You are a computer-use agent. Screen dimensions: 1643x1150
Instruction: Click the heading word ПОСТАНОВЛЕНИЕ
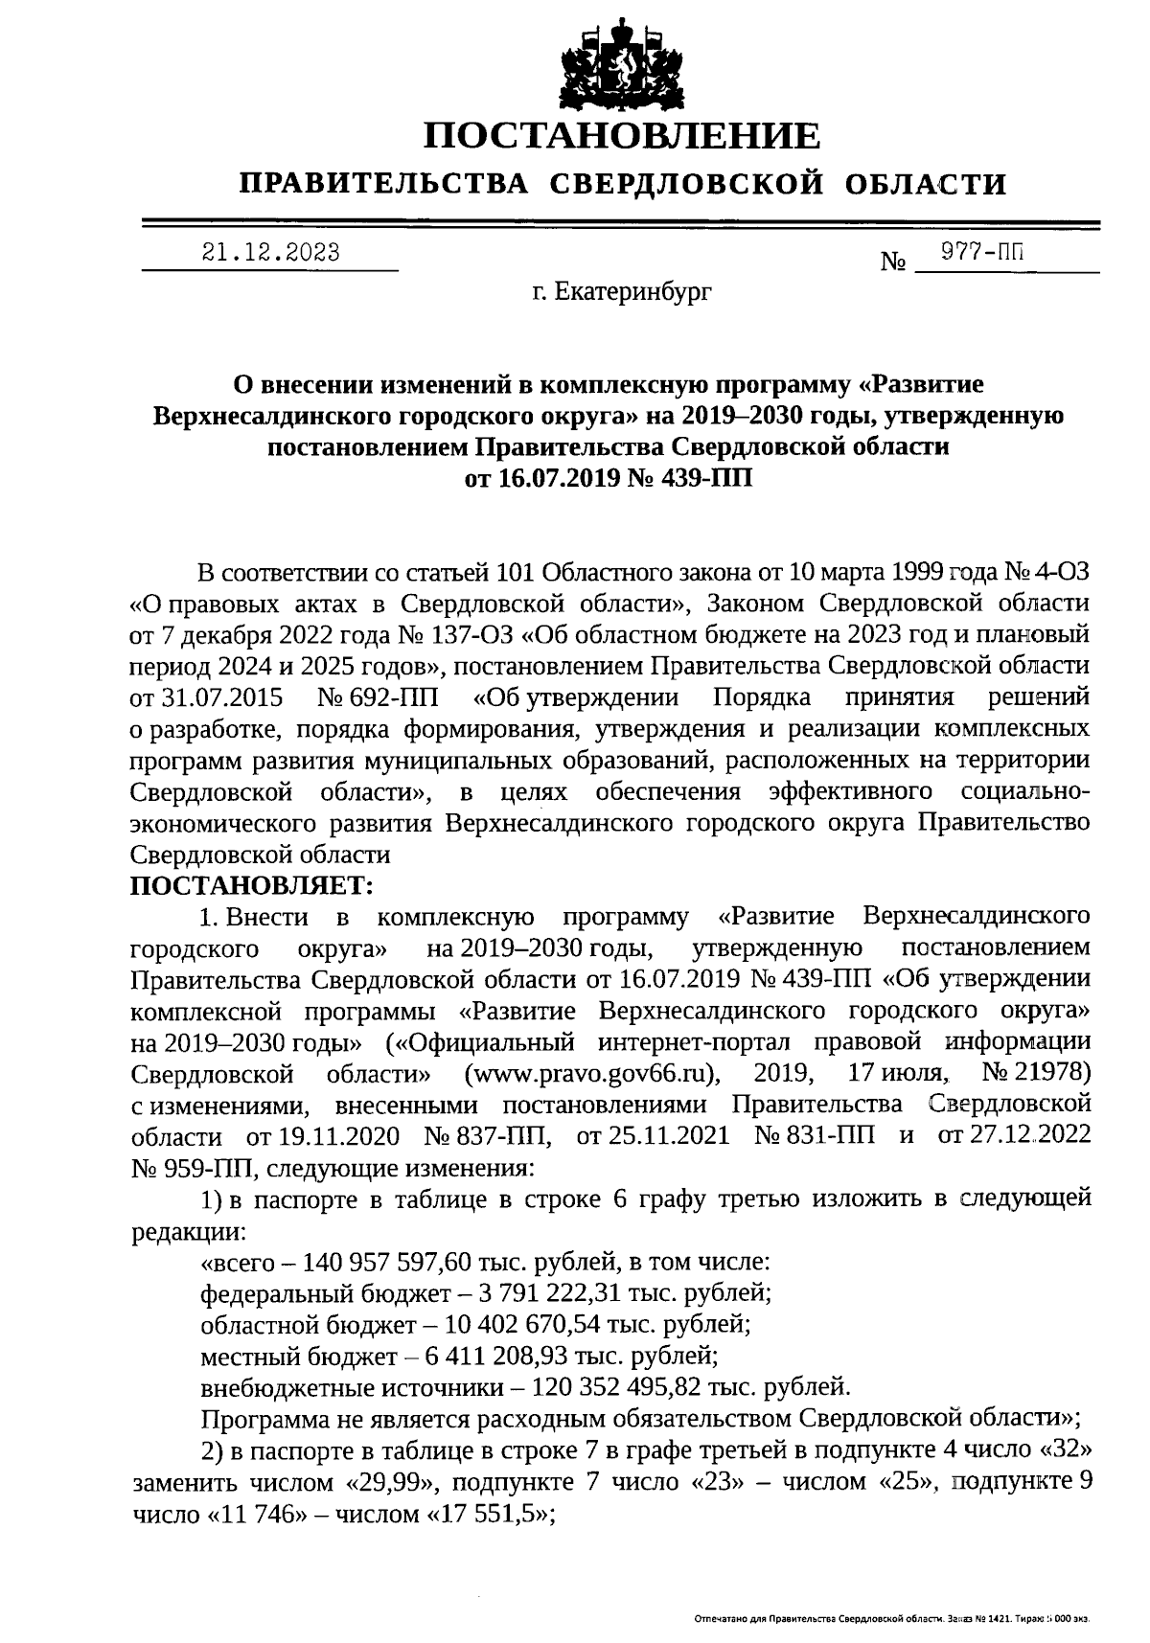(623, 135)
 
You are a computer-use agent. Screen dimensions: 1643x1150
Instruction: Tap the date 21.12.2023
(270, 252)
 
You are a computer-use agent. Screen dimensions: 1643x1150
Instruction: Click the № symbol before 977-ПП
(893, 262)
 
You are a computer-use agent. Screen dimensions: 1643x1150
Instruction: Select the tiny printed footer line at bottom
(891, 1619)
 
